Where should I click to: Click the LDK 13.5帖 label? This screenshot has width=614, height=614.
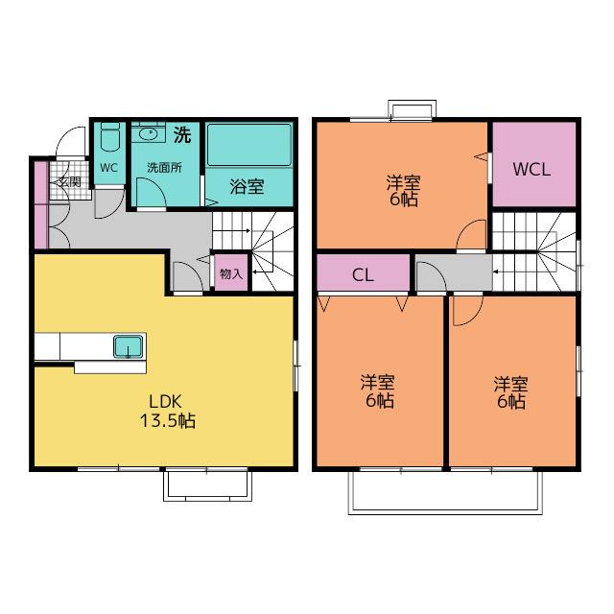coord(172,411)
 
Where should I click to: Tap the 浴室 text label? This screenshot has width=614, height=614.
coord(247,186)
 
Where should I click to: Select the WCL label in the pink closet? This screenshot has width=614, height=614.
coord(531,170)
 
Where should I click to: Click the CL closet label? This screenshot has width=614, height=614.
coord(362,275)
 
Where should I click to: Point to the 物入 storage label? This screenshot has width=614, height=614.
coord(231,273)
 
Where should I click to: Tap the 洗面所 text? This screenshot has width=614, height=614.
coord(164,166)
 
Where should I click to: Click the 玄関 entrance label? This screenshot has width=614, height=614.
coord(67,181)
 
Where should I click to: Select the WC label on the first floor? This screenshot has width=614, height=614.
coord(108,167)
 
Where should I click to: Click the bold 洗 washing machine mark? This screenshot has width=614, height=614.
coord(181,134)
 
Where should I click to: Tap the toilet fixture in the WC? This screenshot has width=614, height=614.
coord(108,140)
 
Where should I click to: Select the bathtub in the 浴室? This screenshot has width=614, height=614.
coord(249,146)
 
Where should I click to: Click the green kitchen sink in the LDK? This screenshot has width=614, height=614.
coord(128,346)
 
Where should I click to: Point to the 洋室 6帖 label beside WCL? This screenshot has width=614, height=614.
coord(403,190)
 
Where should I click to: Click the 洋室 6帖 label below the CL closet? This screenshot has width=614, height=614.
coord(378,390)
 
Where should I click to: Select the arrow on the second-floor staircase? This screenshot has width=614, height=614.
coord(495,272)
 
